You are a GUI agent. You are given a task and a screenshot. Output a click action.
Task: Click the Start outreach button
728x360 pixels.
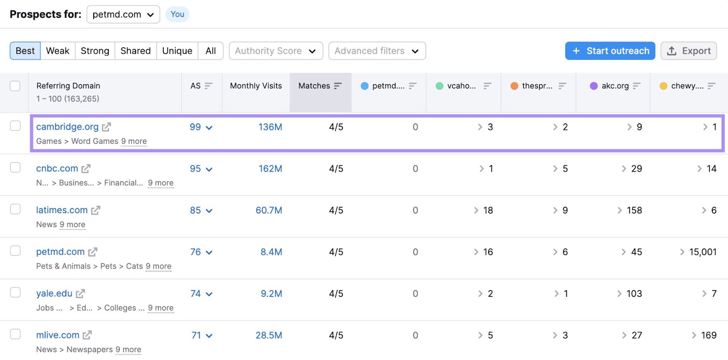point(610,51)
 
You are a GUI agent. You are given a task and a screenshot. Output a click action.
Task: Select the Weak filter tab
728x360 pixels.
point(58,51)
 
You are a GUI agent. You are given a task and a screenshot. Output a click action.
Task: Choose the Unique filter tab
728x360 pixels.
point(177,51)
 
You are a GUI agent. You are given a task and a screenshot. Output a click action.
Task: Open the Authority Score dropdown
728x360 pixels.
point(276,51)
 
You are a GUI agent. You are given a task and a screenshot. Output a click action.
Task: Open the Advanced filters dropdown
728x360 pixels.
point(377,51)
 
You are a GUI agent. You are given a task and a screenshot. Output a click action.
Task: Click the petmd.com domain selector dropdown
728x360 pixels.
point(123,15)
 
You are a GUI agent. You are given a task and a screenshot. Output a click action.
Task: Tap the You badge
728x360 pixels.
point(177,15)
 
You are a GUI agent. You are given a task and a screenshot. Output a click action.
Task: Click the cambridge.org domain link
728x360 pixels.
point(67,127)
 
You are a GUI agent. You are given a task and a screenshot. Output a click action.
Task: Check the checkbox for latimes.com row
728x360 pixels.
point(15,209)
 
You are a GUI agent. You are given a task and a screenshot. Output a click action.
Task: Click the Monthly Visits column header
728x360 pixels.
point(256,86)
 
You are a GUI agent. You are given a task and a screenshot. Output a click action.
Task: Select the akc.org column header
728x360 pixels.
point(615,86)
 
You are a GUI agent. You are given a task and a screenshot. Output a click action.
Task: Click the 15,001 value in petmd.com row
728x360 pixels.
point(703,252)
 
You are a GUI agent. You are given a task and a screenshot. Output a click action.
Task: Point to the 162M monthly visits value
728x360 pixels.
point(270,169)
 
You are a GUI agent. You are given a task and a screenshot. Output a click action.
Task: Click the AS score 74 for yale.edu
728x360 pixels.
point(196,294)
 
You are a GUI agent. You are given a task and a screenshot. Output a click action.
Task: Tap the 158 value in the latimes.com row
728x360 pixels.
point(634,210)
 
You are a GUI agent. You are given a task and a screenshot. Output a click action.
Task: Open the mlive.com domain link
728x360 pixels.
point(58,335)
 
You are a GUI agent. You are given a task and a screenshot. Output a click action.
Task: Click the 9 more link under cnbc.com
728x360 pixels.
point(161,183)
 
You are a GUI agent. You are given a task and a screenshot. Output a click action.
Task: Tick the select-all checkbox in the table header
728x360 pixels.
point(15,86)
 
